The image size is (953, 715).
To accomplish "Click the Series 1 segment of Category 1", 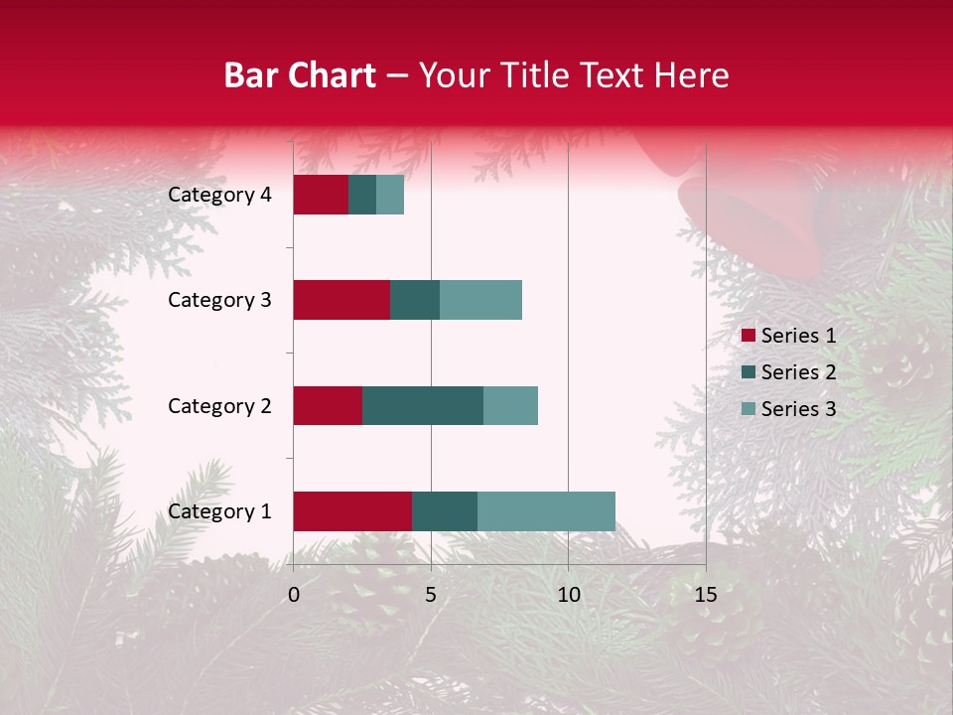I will coord(352,511).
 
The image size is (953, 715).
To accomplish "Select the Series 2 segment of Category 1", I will coord(445,511).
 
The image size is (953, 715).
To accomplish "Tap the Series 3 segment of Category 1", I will coord(546,511).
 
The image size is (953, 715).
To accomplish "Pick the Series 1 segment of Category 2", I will coord(328,405).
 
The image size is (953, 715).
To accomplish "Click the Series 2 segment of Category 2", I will coord(423,405).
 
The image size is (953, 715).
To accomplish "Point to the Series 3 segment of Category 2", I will coord(510,405).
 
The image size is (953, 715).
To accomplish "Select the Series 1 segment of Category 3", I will coord(341,300).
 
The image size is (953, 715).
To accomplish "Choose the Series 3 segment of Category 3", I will coord(480,300).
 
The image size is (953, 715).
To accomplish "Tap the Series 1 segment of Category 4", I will coord(321,195).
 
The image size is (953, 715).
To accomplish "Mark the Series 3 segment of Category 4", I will coord(390,195).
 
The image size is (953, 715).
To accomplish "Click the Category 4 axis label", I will coord(219,195).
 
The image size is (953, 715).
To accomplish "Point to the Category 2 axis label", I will coord(219,405).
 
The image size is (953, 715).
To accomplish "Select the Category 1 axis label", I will coord(219,511).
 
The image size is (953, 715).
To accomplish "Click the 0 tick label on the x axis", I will coord(294,595).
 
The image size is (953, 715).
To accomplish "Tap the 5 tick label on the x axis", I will coord(431,595).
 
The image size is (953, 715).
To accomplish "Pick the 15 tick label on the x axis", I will coord(705,595).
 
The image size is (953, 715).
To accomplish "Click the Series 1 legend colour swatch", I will coord(748,336).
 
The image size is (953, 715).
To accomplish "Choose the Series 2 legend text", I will coord(798,372).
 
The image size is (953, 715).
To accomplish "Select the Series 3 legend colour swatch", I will coord(748,409).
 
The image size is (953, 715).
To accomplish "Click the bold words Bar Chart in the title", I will coord(299,75).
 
